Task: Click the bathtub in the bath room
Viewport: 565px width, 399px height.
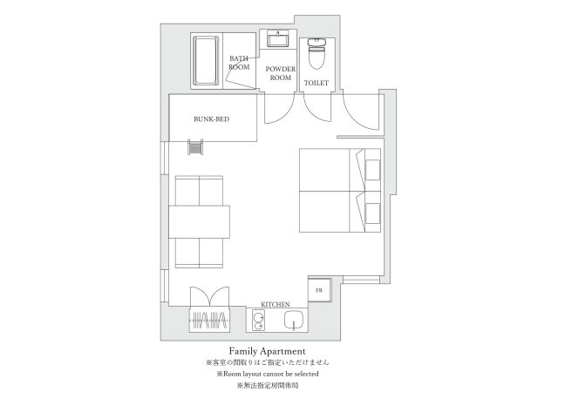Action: (x=206, y=60)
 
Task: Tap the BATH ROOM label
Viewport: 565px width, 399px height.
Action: (x=239, y=63)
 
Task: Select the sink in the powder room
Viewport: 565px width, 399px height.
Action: (x=278, y=39)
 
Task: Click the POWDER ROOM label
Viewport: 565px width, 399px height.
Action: (x=281, y=73)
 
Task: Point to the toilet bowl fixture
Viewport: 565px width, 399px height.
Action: (x=317, y=53)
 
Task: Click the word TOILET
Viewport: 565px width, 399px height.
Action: (x=317, y=83)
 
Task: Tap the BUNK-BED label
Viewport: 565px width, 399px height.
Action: (x=212, y=118)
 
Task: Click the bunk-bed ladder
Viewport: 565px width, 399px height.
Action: (x=195, y=147)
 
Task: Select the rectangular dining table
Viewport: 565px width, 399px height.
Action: (x=200, y=221)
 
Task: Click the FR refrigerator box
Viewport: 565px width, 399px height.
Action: (x=320, y=290)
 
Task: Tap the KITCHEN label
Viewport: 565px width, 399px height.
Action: (x=276, y=304)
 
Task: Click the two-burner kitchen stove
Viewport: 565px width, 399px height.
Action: (x=258, y=320)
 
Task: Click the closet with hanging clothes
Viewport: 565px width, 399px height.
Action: (x=210, y=320)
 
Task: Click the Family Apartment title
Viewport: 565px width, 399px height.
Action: (x=268, y=351)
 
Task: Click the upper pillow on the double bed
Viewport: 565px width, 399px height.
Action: (x=373, y=170)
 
